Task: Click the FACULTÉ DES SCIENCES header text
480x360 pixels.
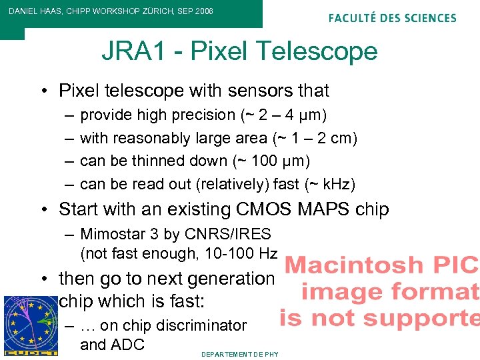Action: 392,18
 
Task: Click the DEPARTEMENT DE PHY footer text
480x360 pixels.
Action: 240,354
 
